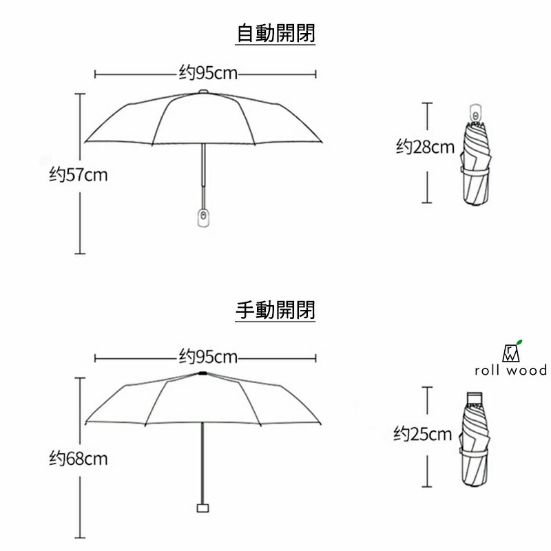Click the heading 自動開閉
click(275, 33)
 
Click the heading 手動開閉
click(275, 311)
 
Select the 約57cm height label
click(79, 175)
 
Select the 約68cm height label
click(79, 458)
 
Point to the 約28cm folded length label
click(425, 147)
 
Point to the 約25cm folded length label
click(423, 434)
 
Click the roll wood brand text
click(510, 371)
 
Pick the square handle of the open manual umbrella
click(202, 508)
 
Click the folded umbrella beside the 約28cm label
click(477, 165)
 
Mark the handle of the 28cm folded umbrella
click(476, 112)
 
